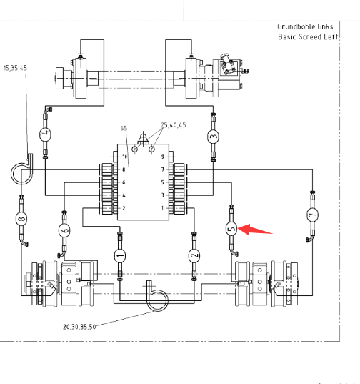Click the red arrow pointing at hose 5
(x=255, y=230)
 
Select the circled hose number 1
(x=120, y=256)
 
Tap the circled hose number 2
(x=194, y=256)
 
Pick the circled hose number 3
(x=214, y=137)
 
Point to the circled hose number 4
(x=45, y=134)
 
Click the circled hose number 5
(x=231, y=229)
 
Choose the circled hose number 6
(x=64, y=230)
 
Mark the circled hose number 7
(x=312, y=215)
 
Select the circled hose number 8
(x=21, y=219)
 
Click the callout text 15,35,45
(x=15, y=68)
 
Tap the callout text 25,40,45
(x=174, y=125)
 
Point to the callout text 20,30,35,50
(x=79, y=327)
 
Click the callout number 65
(x=124, y=128)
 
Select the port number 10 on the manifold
(x=125, y=157)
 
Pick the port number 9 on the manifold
(x=163, y=157)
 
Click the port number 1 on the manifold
(x=162, y=208)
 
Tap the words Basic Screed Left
(x=308, y=37)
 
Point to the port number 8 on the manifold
(x=124, y=169)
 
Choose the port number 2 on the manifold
(x=124, y=208)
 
